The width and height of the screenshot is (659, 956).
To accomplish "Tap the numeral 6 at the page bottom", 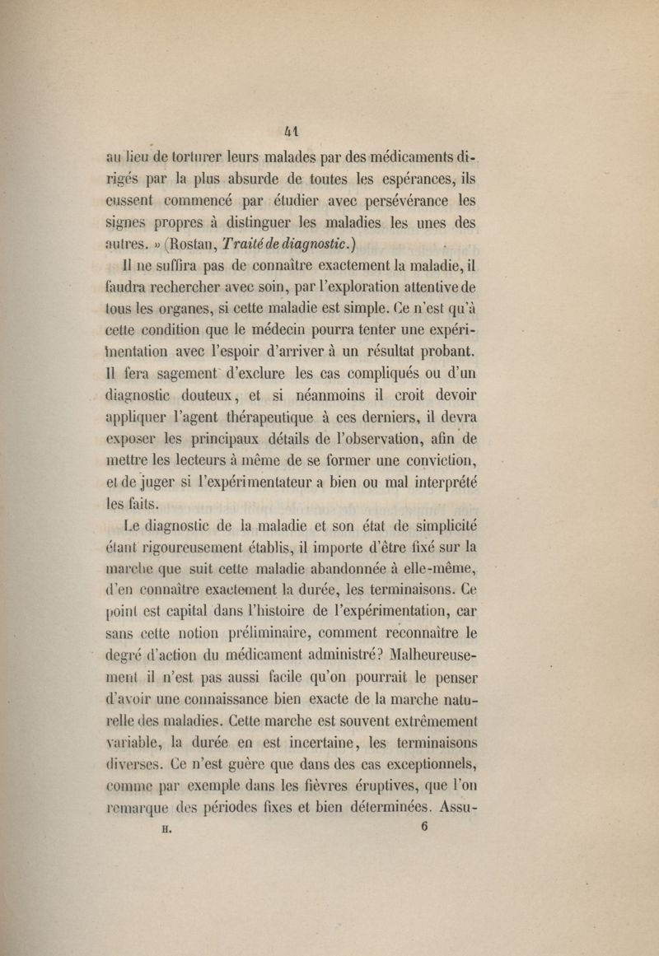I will point(423,828).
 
